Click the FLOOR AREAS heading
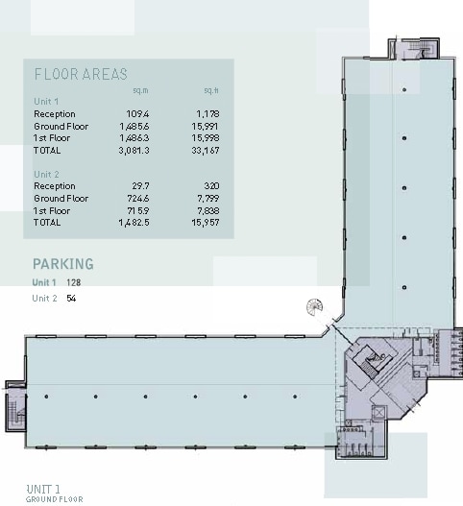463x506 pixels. click(81, 74)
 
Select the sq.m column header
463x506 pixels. click(140, 91)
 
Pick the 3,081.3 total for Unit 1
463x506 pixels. click(135, 151)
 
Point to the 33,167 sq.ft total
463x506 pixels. click(206, 151)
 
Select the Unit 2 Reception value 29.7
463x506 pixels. click(141, 186)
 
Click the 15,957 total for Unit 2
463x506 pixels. click(206, 223)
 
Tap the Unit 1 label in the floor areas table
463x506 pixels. click(46, 102)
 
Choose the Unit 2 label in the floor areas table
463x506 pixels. click(46, 175)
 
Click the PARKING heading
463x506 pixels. click(63, 264)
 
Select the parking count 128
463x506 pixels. click(75, 282)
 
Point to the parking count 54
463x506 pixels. click(71, 299)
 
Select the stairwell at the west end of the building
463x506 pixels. click(16, 409)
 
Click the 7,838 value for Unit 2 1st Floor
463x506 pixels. click(207, 210)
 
